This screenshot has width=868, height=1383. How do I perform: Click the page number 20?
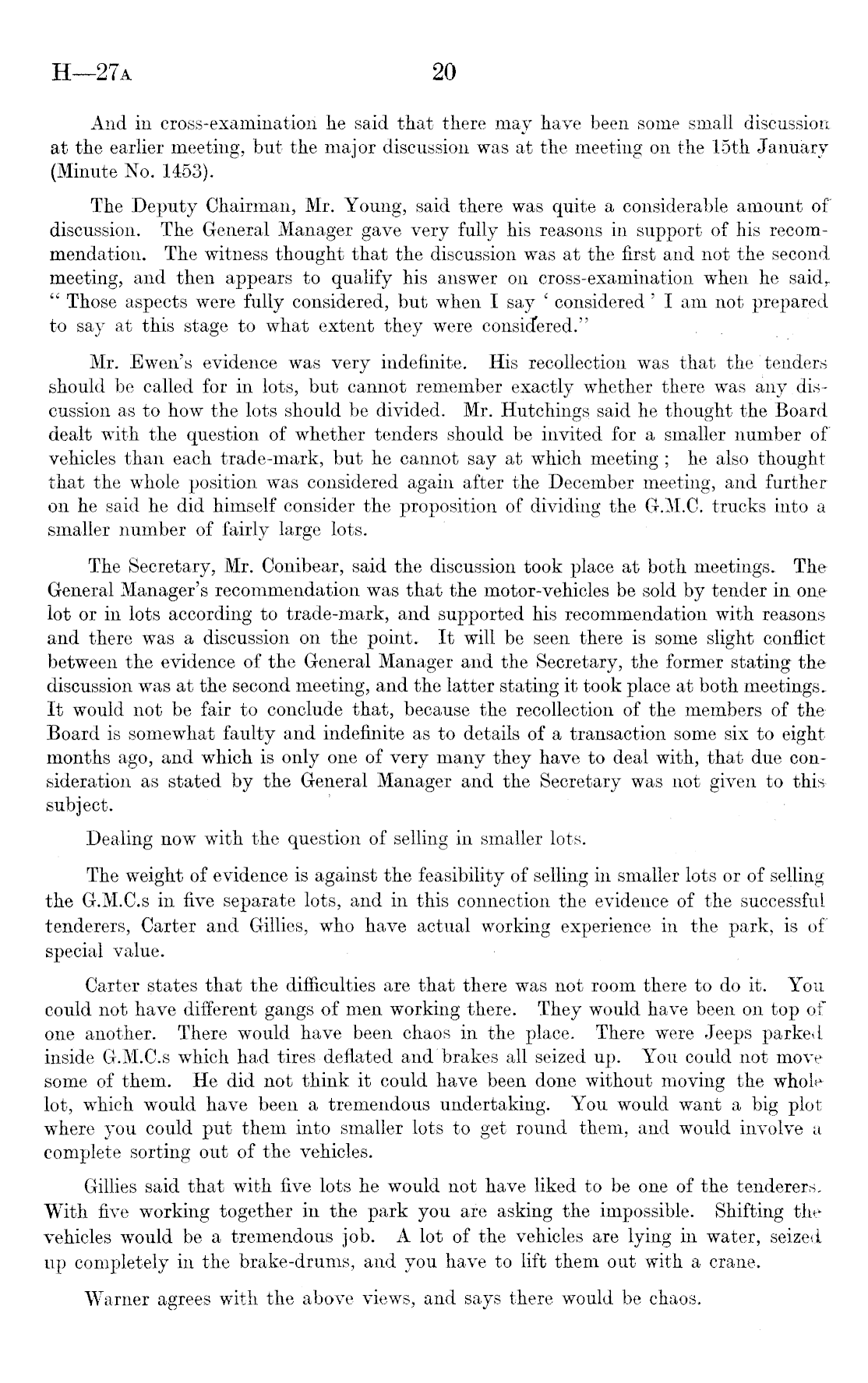[x=443, y=72]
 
